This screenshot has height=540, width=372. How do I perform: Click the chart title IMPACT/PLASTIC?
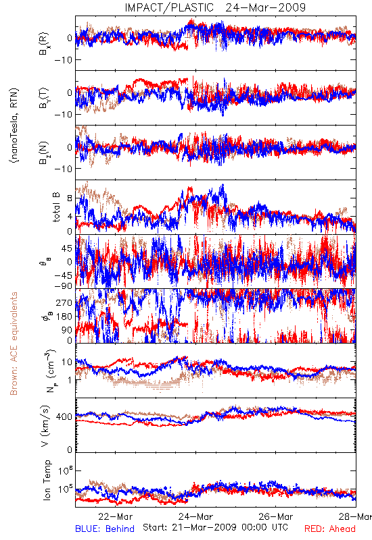[x=169, y=7]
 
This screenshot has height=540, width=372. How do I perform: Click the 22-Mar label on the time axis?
[x=115, y=516]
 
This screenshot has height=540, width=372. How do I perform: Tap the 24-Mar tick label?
[x=195, y=516]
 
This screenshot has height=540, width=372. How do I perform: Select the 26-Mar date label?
[x=276, y=516]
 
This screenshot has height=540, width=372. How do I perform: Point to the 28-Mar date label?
[x=355, y=516]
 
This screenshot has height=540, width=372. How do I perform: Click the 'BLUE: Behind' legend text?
[x=105, y=529]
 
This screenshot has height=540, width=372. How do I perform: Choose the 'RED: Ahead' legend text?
[x=329, y=529]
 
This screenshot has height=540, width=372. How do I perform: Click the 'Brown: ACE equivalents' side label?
[x=14, y=344]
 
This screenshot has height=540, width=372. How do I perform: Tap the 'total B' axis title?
[x=56, y=207]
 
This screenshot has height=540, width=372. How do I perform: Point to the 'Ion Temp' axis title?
[x=47, y=480]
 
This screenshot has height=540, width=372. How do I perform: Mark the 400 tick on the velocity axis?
[x=64, y=417]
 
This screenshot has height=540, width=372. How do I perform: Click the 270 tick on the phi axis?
[x=64, y=302]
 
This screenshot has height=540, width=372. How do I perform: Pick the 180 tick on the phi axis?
[x=64, y=317]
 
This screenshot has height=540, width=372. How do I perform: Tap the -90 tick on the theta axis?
[x=62, y=286]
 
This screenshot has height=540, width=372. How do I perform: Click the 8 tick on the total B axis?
[x=70, y=198]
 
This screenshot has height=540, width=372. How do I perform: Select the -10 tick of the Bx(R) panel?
[x=62, y=60]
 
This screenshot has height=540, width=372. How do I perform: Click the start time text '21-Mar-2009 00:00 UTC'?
[x=215, y=527]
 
